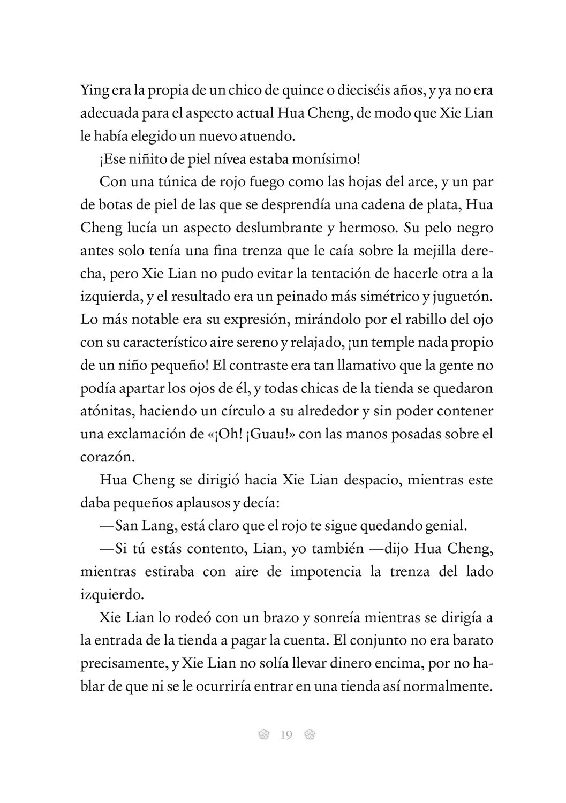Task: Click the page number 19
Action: coord(285,735)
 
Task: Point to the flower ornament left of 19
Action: coord(262,735)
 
